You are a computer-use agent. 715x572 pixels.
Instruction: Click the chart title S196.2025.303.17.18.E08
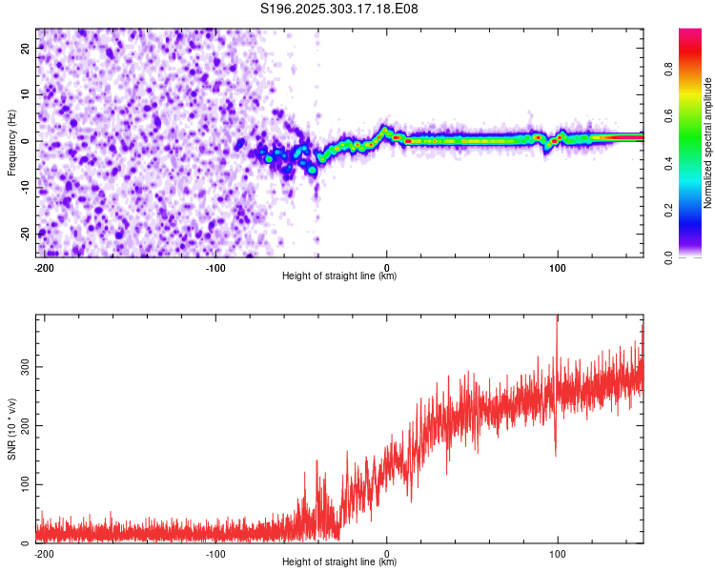(339, 9)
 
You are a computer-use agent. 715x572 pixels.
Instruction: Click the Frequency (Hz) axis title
(11, 141)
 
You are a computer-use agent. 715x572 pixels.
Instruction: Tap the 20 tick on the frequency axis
(28, 48)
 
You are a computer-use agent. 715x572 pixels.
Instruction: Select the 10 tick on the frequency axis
(28, 94)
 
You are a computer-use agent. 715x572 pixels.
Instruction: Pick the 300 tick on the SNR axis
(24, 366)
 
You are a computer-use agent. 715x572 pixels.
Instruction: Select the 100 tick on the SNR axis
(24, 484)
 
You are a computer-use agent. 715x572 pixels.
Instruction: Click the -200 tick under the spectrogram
(43, 267)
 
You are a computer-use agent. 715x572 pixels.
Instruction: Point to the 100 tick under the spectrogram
(558, 267)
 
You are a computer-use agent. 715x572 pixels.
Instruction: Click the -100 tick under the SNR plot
(215, 553)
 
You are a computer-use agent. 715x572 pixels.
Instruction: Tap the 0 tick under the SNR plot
(387, 553)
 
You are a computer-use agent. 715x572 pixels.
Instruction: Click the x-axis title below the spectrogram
(339, 276)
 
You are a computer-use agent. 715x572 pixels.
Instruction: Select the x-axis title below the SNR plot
(339, 562)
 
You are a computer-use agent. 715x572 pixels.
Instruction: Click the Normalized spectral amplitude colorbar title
(708, 143)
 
